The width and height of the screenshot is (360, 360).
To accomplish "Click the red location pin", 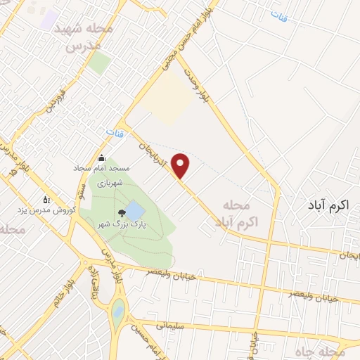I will (x=182, y=164).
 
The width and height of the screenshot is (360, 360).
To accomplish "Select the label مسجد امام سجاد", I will (x=102, y=169).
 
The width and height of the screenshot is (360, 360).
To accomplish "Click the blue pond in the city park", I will (x=133, y=211).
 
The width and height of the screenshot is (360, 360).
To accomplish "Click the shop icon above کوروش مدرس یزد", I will (x=46, y=199).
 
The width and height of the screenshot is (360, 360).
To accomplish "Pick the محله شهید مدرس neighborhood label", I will (x=87, y=37).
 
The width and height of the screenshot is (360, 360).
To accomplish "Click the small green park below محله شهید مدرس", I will (x=99, y=64).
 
